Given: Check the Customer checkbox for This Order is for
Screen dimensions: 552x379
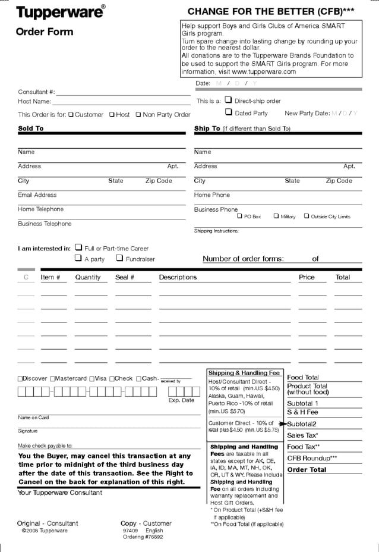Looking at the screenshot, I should [71, 115].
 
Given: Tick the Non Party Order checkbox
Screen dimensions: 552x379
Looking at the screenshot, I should [138, 115].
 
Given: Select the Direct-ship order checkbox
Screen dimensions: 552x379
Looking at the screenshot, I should [228, 101].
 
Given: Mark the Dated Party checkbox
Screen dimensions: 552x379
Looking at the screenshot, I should [228, 112].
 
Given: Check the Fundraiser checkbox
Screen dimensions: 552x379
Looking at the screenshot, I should [119, 258].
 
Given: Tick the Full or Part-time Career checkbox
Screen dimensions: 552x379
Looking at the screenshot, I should [78, 247].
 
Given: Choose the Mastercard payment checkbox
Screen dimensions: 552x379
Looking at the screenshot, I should [53, 379].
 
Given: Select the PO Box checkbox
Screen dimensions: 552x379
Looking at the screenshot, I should [239, 217].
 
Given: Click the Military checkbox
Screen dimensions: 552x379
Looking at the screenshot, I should [276, 217].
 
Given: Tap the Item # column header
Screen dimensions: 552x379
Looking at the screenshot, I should [50, 277].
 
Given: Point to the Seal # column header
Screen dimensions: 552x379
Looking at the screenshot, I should [125, 277].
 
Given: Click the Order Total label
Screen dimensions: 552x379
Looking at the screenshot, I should [307, 470].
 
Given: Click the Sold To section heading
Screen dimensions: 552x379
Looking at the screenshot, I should [31, 128].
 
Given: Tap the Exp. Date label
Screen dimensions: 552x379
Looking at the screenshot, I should [181, 400].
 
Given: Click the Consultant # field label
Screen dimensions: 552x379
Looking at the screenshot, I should [36, 92].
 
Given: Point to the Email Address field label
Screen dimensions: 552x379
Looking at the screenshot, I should [37, 195].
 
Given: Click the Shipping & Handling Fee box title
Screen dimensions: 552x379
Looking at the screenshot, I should [244, 373].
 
